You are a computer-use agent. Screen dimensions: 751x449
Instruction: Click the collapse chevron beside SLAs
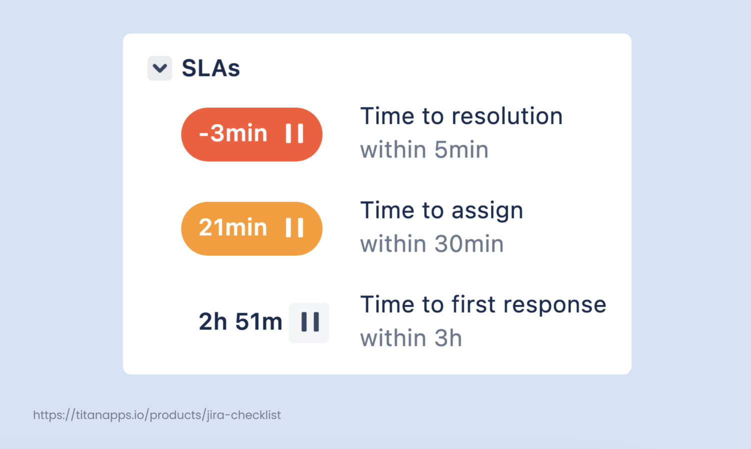click(160, 68)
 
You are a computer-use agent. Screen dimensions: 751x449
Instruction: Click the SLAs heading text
click(211, 68)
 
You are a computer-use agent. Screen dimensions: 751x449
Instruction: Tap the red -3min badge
click(252, 134)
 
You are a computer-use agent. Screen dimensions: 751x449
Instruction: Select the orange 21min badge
click(252, 228)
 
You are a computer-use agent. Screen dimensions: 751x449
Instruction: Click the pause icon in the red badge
click(294, 133)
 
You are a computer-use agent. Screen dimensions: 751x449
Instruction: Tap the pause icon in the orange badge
click(294, 227)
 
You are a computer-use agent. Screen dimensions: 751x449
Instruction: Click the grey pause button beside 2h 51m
click(309, 322)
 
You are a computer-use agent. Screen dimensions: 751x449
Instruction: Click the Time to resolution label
click(461, 116)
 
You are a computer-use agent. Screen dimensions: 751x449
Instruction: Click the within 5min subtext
click(424, 149)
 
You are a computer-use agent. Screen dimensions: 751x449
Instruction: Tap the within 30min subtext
click(432, 244)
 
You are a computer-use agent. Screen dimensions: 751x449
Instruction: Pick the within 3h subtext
click(411, 338)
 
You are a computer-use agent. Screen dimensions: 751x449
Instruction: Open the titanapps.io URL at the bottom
click(157, 415)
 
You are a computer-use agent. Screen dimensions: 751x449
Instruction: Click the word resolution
click(507, 116)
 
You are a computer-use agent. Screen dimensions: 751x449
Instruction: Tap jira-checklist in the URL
click(243, 415)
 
